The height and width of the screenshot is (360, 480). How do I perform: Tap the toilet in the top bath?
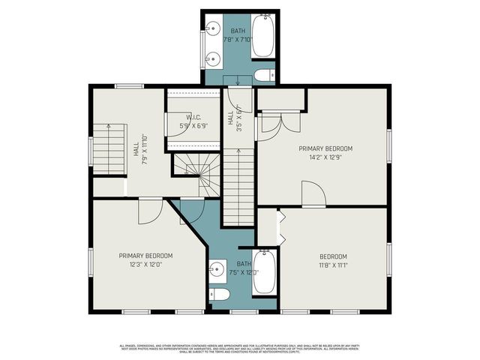coord(264,75)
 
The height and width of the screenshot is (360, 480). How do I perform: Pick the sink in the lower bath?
coord(217,268)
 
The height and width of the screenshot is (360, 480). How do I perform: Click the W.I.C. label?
coord(192,118)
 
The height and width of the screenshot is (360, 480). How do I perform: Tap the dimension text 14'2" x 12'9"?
coord(325,158)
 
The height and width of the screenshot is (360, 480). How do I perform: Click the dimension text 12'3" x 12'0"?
coord(145,264)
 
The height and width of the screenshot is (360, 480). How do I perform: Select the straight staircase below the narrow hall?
coord(239,184)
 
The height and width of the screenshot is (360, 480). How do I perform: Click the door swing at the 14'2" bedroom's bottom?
coord(313,195)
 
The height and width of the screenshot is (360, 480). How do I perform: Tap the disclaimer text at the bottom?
coord(240,348)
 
